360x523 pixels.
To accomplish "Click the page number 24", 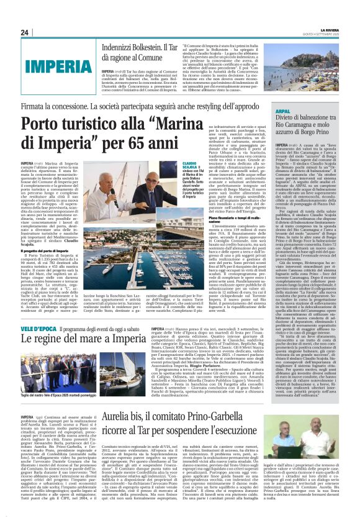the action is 24,32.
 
